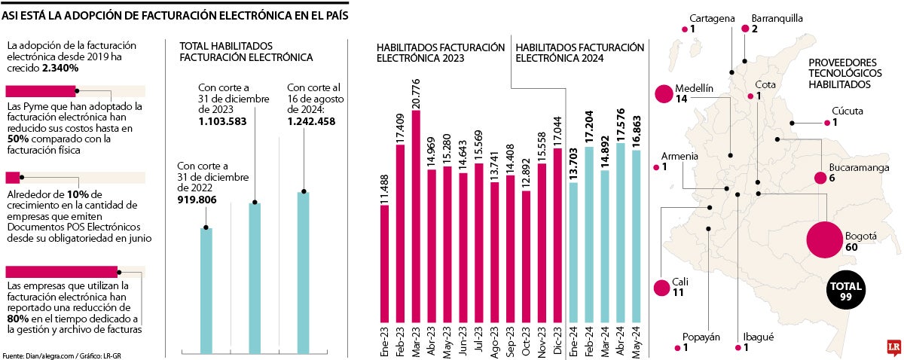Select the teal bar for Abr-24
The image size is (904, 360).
coord(620,233)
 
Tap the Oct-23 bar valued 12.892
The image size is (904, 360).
coord(526,257)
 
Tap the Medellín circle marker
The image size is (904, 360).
coord(664,93)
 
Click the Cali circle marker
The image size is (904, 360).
coord(661,288)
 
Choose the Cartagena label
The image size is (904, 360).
coord(712,19)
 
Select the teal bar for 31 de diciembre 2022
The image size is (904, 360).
coord(206,290)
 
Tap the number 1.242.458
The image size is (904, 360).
coord(313,121)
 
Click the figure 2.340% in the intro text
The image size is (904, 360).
coord(61,68)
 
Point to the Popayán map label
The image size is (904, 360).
coord(701,337)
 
